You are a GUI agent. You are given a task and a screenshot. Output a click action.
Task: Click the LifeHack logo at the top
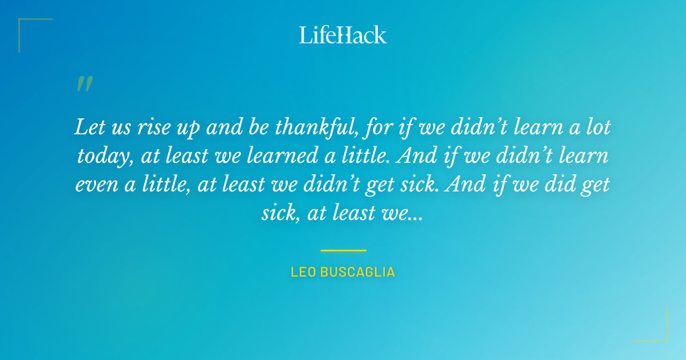tap(342, 35)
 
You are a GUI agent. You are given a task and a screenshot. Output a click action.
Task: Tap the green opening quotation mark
tap(84, 84)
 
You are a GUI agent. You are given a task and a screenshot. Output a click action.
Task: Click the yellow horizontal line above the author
tap(343, 250)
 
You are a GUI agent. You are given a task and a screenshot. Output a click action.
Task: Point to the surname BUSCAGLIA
tap(357, 272)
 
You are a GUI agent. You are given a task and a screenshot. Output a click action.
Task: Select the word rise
tap(151, 127)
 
